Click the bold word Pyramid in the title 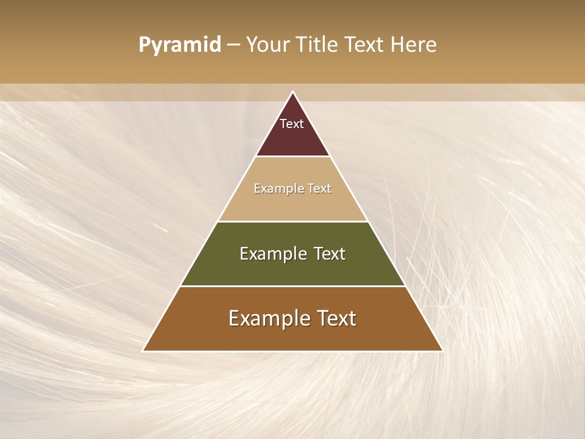tap(179, 45)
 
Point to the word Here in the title tap(414, 45)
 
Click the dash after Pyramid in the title tap(233, 45)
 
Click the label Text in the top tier tap(292, 124)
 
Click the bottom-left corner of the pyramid tap(144, 350)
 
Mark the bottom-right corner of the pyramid tap(442, 350)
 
